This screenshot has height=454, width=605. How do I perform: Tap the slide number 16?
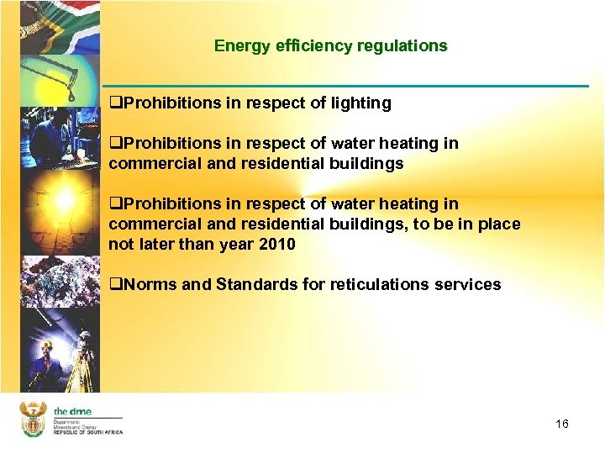pyautogui.click(x=561, y=424)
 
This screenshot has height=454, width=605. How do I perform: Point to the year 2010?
pyautogui.click(x=277, y=245)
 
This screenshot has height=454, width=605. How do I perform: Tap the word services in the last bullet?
pyautogui.click(x=468, y=284)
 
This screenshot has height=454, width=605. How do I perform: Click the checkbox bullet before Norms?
pyautogui.click(x=115, y=284)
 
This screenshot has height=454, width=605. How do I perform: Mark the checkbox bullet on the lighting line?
pyautogui.click(x=115, y=103)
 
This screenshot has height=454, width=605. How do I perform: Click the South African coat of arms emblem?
pyautogui.click(x=33, y=420)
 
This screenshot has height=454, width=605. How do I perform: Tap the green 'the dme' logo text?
pyautogui.click(x=72, y=411)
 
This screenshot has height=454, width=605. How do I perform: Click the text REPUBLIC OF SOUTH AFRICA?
pyautogui.click(x=88, y=432)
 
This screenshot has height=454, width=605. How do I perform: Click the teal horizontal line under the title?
pyautogui.click(x=345, y=86)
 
